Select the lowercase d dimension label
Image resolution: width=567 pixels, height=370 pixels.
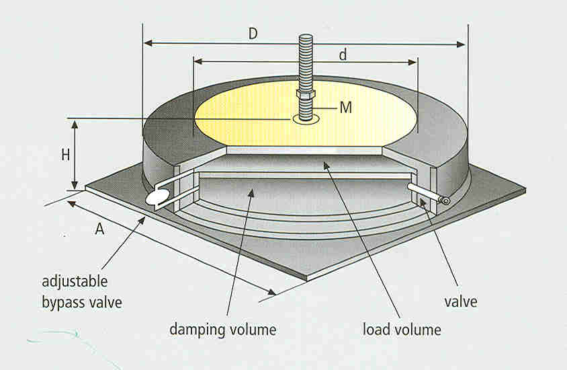[x=343, y=54]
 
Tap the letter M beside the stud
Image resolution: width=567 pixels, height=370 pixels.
[x=345, y=108]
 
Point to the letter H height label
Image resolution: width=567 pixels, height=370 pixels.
[x=66, y=155]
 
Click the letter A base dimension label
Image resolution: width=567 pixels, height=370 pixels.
[x=99, y=229]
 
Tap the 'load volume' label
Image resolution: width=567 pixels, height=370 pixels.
[x=402, y=330]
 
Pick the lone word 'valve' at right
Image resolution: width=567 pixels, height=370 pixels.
[x=460, y=301]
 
